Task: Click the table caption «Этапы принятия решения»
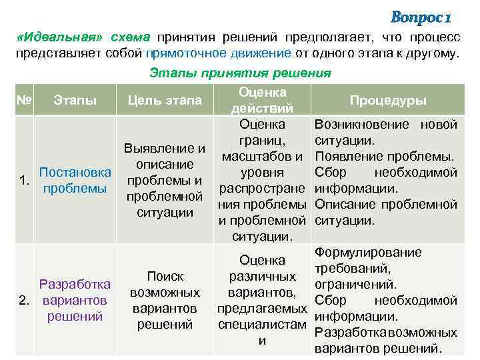pos(240,73)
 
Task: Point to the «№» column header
pos(25,101)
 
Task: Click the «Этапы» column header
pos(75,101)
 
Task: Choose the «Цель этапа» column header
pos(165,101)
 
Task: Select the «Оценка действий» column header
pos(262,100)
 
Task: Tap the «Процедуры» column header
pos(388,101)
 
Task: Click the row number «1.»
pos(24,181)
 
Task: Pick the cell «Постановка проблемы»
pos(75,181)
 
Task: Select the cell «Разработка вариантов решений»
pos(75,300)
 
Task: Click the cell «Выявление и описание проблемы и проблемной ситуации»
pos(165,181)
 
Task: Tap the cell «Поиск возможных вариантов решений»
pos(165,301)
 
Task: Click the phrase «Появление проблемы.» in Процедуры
pos(385,157)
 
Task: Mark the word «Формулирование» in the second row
pos(368,253)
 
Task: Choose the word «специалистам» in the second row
pos(262,325)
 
